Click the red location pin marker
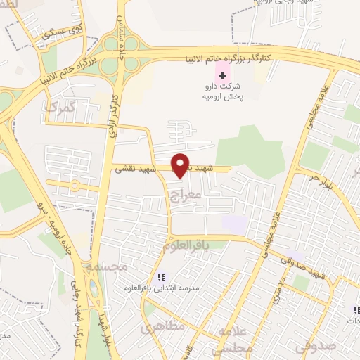[181, 165]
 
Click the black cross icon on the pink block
[222, 75]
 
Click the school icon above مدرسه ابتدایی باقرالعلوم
[161, 277]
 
